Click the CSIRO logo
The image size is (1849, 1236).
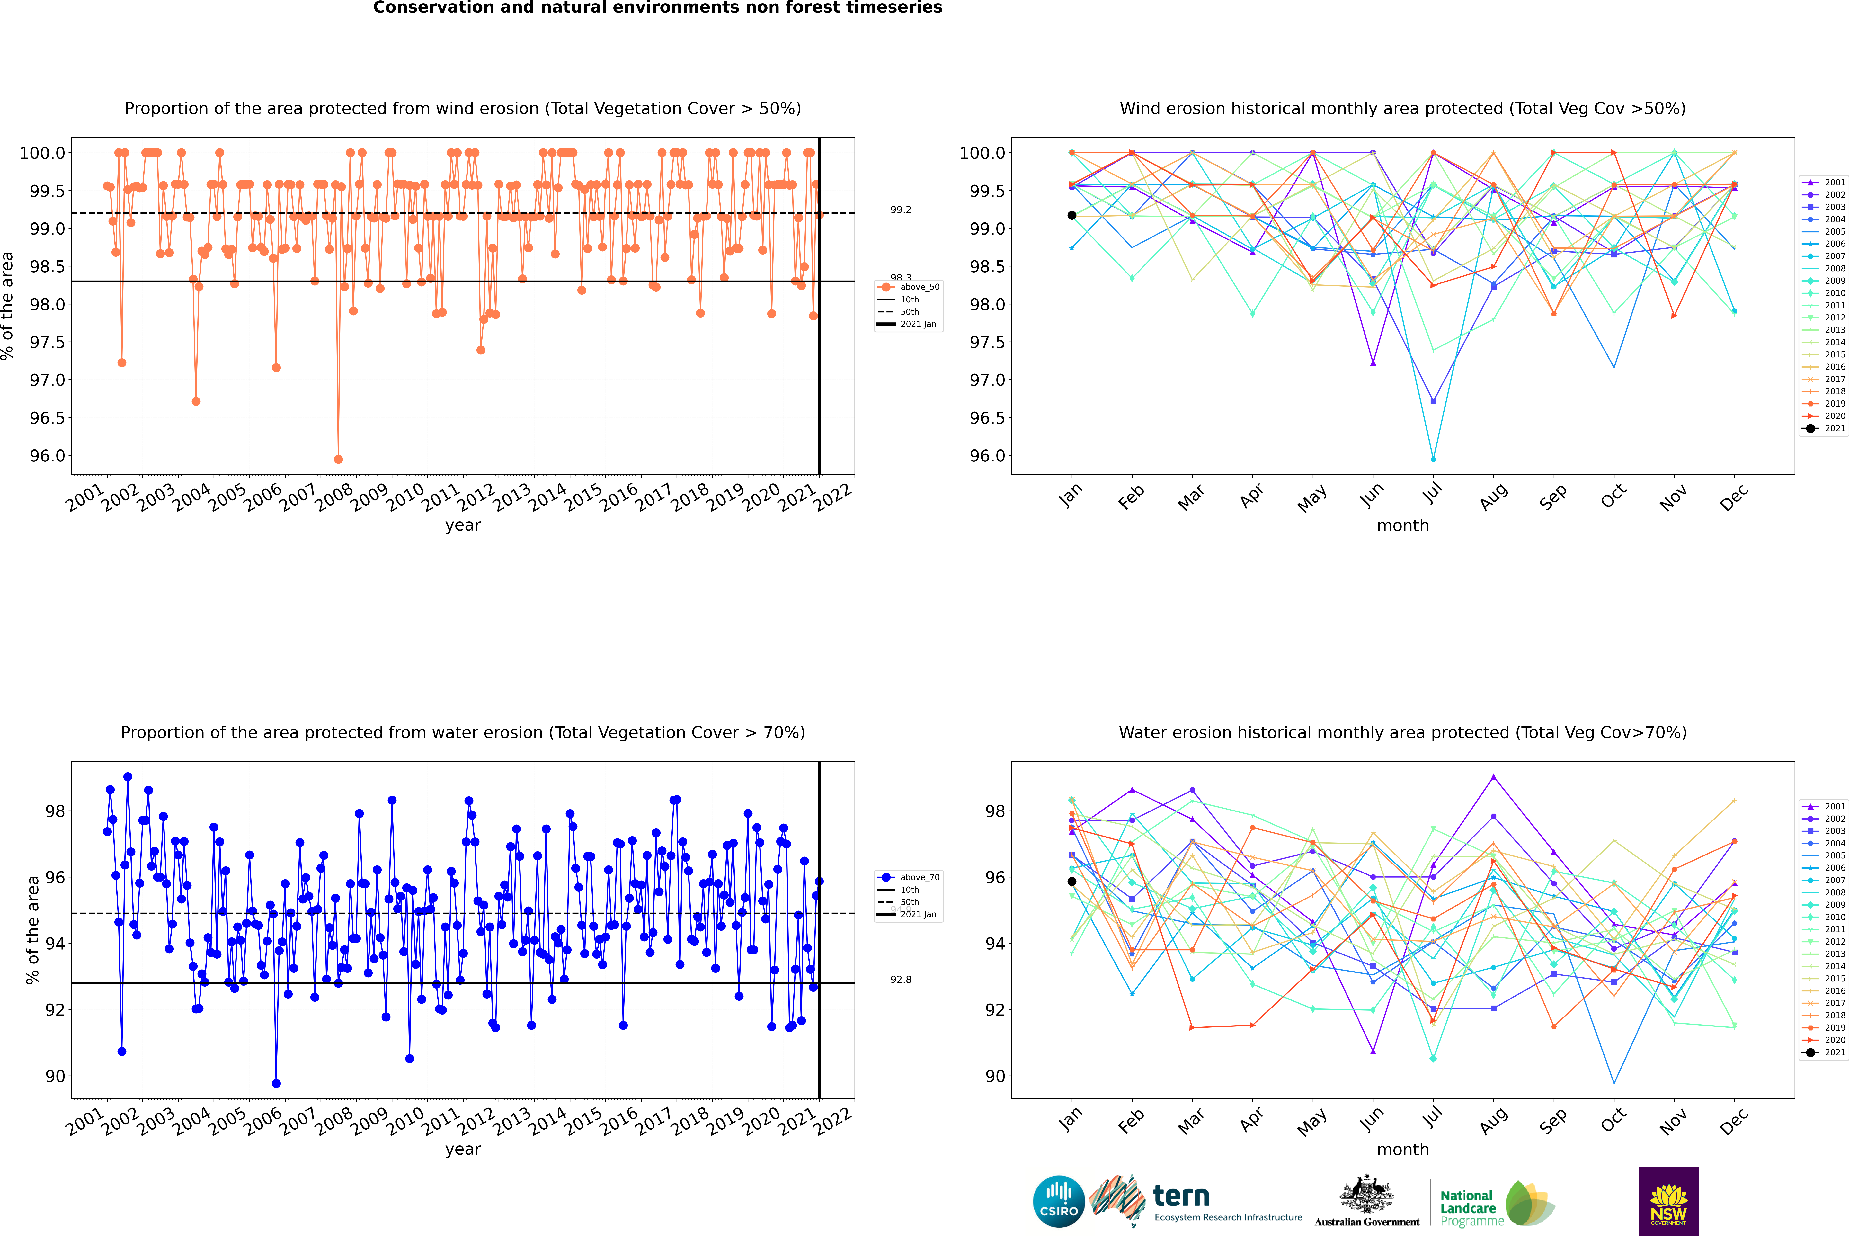pyautogui.click(x=1059, y=1201)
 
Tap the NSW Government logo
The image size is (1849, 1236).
pyautogui.click(x=1668, y=1201)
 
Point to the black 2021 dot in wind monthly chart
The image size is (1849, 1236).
pyautogui.click(x=1072, y=215)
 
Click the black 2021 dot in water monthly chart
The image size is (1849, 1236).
pyautogui.click(x=1072, y=881)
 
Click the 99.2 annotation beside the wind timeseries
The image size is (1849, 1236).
pyautogui.click(x=901, y=210)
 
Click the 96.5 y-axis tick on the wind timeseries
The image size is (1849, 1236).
pyautogui.click(x=47, y=418)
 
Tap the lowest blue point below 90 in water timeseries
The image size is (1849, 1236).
pyautogui.click(x=276, y=1083)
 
